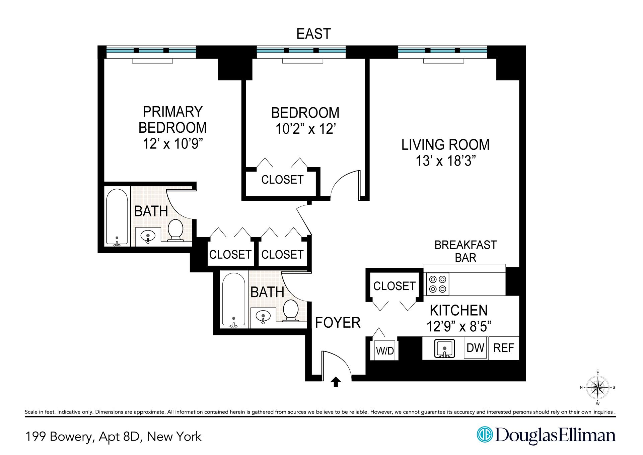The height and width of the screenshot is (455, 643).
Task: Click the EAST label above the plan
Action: [x=313, y=34]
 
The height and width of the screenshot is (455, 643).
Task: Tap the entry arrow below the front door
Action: [x=336, y=382]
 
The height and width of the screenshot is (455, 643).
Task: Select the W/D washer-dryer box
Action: [x=385, y=351]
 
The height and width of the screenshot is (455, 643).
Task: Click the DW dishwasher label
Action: [x=476, y=348]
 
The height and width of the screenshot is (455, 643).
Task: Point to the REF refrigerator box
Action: [x=504, y=348]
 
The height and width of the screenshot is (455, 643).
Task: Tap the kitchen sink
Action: [x=444, y=348]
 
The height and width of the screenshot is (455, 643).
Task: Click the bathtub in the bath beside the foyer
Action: [x=233, y=300]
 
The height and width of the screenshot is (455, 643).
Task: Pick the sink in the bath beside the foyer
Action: [x=263, y=316]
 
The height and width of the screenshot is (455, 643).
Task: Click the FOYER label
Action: [x=338, y=323]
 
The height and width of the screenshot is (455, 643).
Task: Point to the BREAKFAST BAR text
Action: [x=466, y=251]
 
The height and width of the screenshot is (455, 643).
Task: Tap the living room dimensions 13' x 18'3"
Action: [x=445, y=161]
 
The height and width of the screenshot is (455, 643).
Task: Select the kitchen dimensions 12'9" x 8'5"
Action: [x=459, y=326]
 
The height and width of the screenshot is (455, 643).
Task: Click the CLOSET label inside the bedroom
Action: [x=282, y=180]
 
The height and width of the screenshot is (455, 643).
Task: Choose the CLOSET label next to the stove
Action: [x=394, y=286]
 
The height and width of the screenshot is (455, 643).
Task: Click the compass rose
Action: [x=598, y=387]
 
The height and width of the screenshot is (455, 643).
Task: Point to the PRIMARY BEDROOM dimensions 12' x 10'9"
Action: [x=173, y=144]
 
